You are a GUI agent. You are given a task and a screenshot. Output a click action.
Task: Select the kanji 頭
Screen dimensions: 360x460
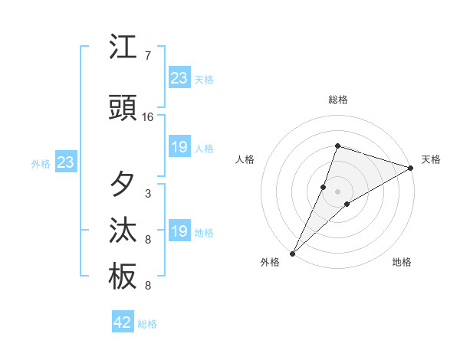tap(123, 109)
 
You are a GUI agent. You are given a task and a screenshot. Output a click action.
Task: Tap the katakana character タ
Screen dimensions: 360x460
tap(123, 185)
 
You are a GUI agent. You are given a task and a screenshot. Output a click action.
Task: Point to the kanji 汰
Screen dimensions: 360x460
tap(123, 231)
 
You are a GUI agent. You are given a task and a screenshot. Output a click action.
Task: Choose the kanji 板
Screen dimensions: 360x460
tap(123, 277)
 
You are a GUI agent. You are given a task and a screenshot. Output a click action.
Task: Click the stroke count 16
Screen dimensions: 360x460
tap(148, 117)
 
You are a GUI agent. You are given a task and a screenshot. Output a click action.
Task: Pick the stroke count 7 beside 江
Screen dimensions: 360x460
tap(148, 56)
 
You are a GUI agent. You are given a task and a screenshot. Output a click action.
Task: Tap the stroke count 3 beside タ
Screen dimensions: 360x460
tap(148, 194)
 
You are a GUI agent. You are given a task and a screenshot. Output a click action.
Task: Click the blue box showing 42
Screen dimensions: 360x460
tap(123, 322)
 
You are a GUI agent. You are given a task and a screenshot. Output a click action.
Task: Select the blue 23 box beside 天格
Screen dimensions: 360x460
tap(179, 78)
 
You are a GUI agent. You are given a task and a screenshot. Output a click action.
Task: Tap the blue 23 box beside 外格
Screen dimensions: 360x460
tap(65, 162)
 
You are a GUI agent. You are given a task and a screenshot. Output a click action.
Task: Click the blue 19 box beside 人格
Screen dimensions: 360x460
tap(179, 147)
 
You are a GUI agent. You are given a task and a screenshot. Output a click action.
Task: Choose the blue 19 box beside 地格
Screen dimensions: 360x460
tap(179, 231)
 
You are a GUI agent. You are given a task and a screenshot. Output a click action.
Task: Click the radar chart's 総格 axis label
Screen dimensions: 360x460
tap(338, 100)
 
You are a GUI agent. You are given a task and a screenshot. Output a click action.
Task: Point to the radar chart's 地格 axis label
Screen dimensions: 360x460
tap(402, 262)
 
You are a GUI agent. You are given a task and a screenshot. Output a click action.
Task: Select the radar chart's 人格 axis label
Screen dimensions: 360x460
tap(245, 159)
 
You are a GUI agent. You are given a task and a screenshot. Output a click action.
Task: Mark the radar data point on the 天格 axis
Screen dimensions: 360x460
tap(411, 169)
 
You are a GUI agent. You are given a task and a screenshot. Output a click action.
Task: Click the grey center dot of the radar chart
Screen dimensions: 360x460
tap(338, 191)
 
